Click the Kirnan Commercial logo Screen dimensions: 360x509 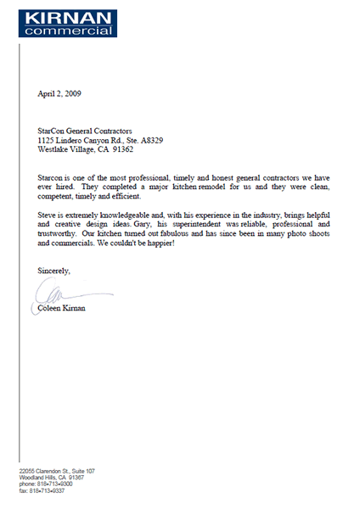point(59,20)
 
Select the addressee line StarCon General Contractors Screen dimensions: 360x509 point(85,131)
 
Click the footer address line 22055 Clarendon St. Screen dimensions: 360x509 point(57,471)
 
